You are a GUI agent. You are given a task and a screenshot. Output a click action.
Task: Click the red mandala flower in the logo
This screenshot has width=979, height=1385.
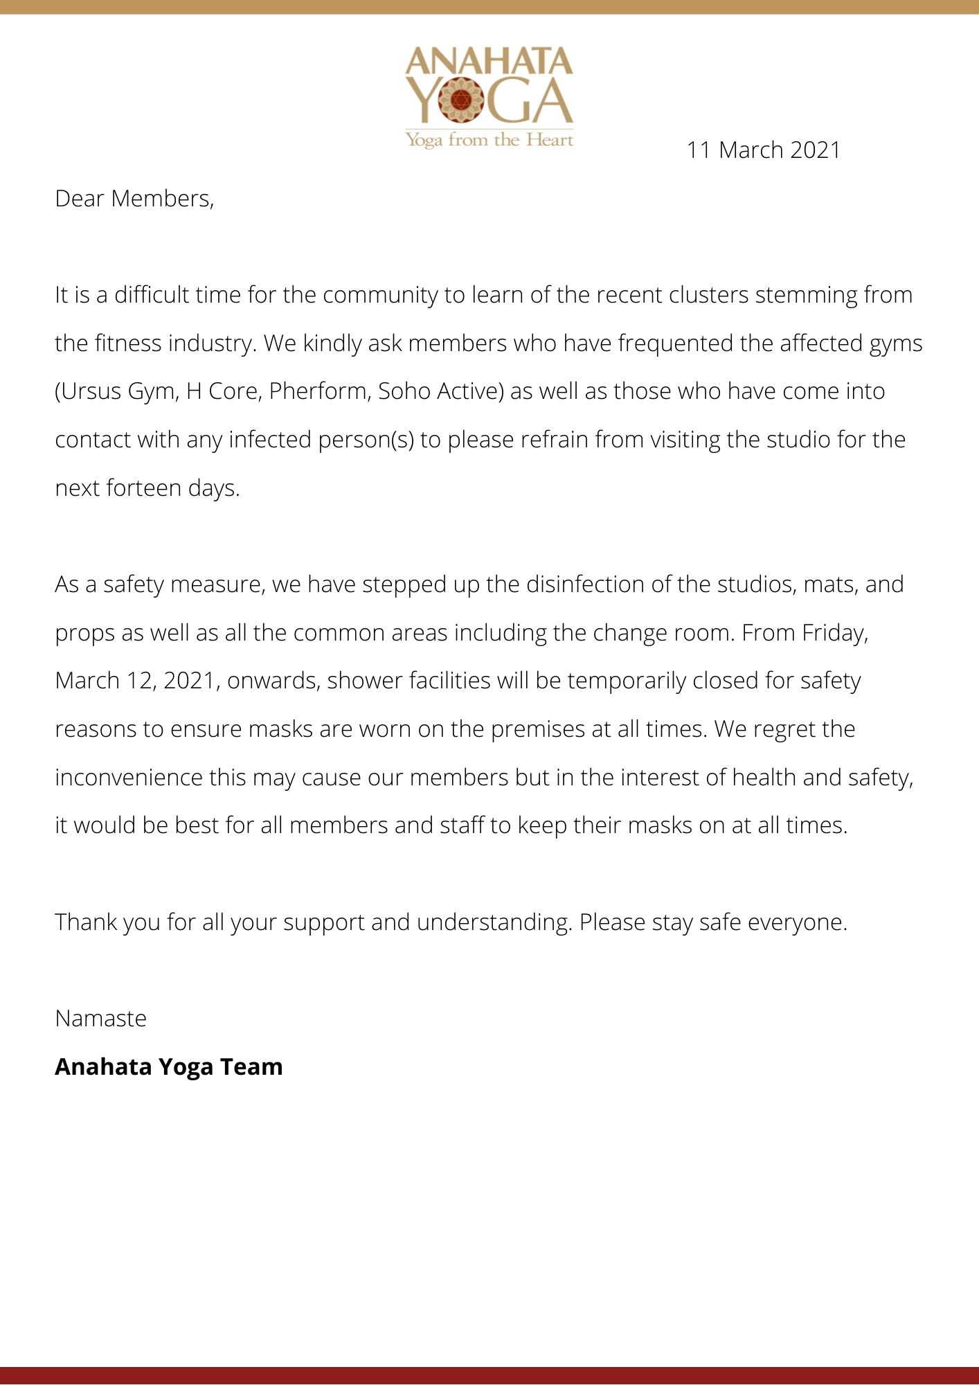[461, 100]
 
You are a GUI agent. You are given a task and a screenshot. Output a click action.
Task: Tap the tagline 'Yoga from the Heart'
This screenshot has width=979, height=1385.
[489, 141]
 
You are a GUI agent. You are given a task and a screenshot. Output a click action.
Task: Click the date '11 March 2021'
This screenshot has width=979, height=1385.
[763, 150]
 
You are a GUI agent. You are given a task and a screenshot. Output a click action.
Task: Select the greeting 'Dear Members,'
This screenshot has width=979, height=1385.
[134, 199]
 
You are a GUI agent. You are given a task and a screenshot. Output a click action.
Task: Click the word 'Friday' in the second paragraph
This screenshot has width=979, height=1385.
[834, 633]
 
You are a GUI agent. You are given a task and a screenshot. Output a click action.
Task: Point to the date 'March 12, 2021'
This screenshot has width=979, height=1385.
[137, 681]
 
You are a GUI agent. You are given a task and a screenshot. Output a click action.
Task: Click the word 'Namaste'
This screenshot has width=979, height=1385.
[101, 1019]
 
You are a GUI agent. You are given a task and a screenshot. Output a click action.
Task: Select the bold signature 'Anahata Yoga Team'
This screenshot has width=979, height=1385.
[169, 1067]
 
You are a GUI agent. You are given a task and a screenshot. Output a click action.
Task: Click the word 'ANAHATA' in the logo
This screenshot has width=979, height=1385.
[489, 62]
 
